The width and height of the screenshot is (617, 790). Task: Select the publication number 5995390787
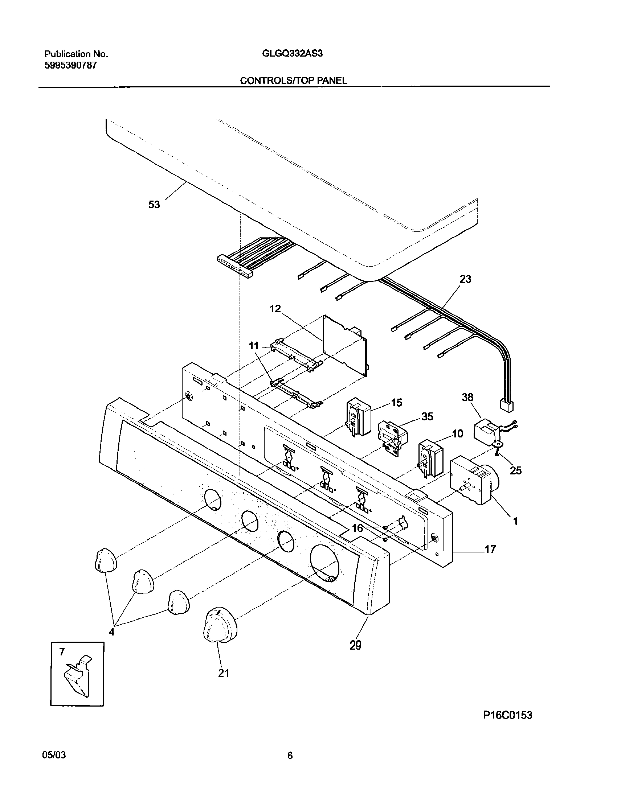pyautogui.click(x=70, y=66)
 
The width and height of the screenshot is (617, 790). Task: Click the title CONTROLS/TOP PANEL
pyautogui.click(x=293, y=81)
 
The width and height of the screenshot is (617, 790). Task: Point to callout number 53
pyautogui.click(x=154, y=205)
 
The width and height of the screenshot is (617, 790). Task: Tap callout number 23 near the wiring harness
pyautogui.click(x=465, y=279)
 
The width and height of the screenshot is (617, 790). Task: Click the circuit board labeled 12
pyautogui.click(x=345, y=345)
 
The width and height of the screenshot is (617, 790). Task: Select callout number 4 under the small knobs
pyautogui.click(x=111, y=632)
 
